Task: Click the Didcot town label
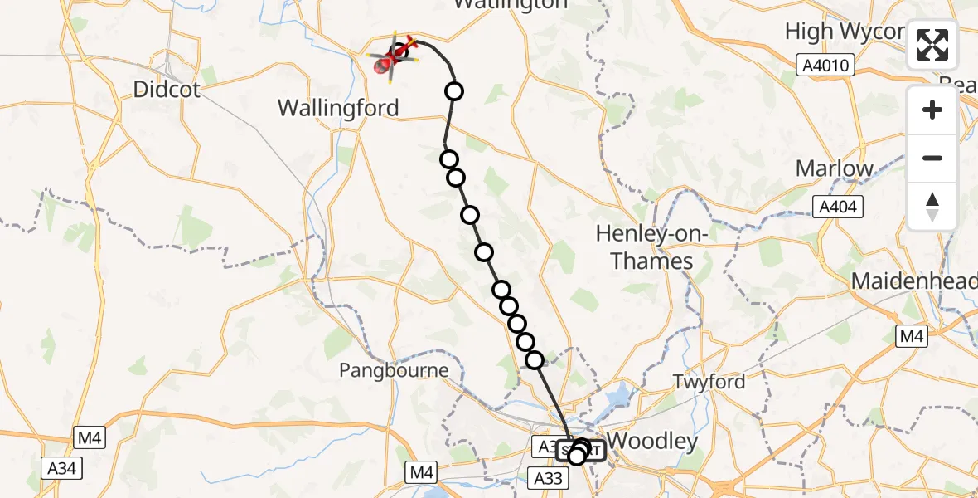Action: (168, 90)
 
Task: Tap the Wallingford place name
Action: (338, 108)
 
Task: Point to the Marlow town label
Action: (835, 168)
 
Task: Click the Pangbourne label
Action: (394, 370)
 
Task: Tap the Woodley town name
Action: (652, 441)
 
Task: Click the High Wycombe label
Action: (844, 32)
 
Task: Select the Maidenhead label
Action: (914, 281)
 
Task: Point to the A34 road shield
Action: (62, 469)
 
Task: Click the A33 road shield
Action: (548, 478)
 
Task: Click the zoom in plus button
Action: (932, 110)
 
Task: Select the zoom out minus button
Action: (932, 158)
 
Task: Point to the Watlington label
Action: (511, 4)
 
